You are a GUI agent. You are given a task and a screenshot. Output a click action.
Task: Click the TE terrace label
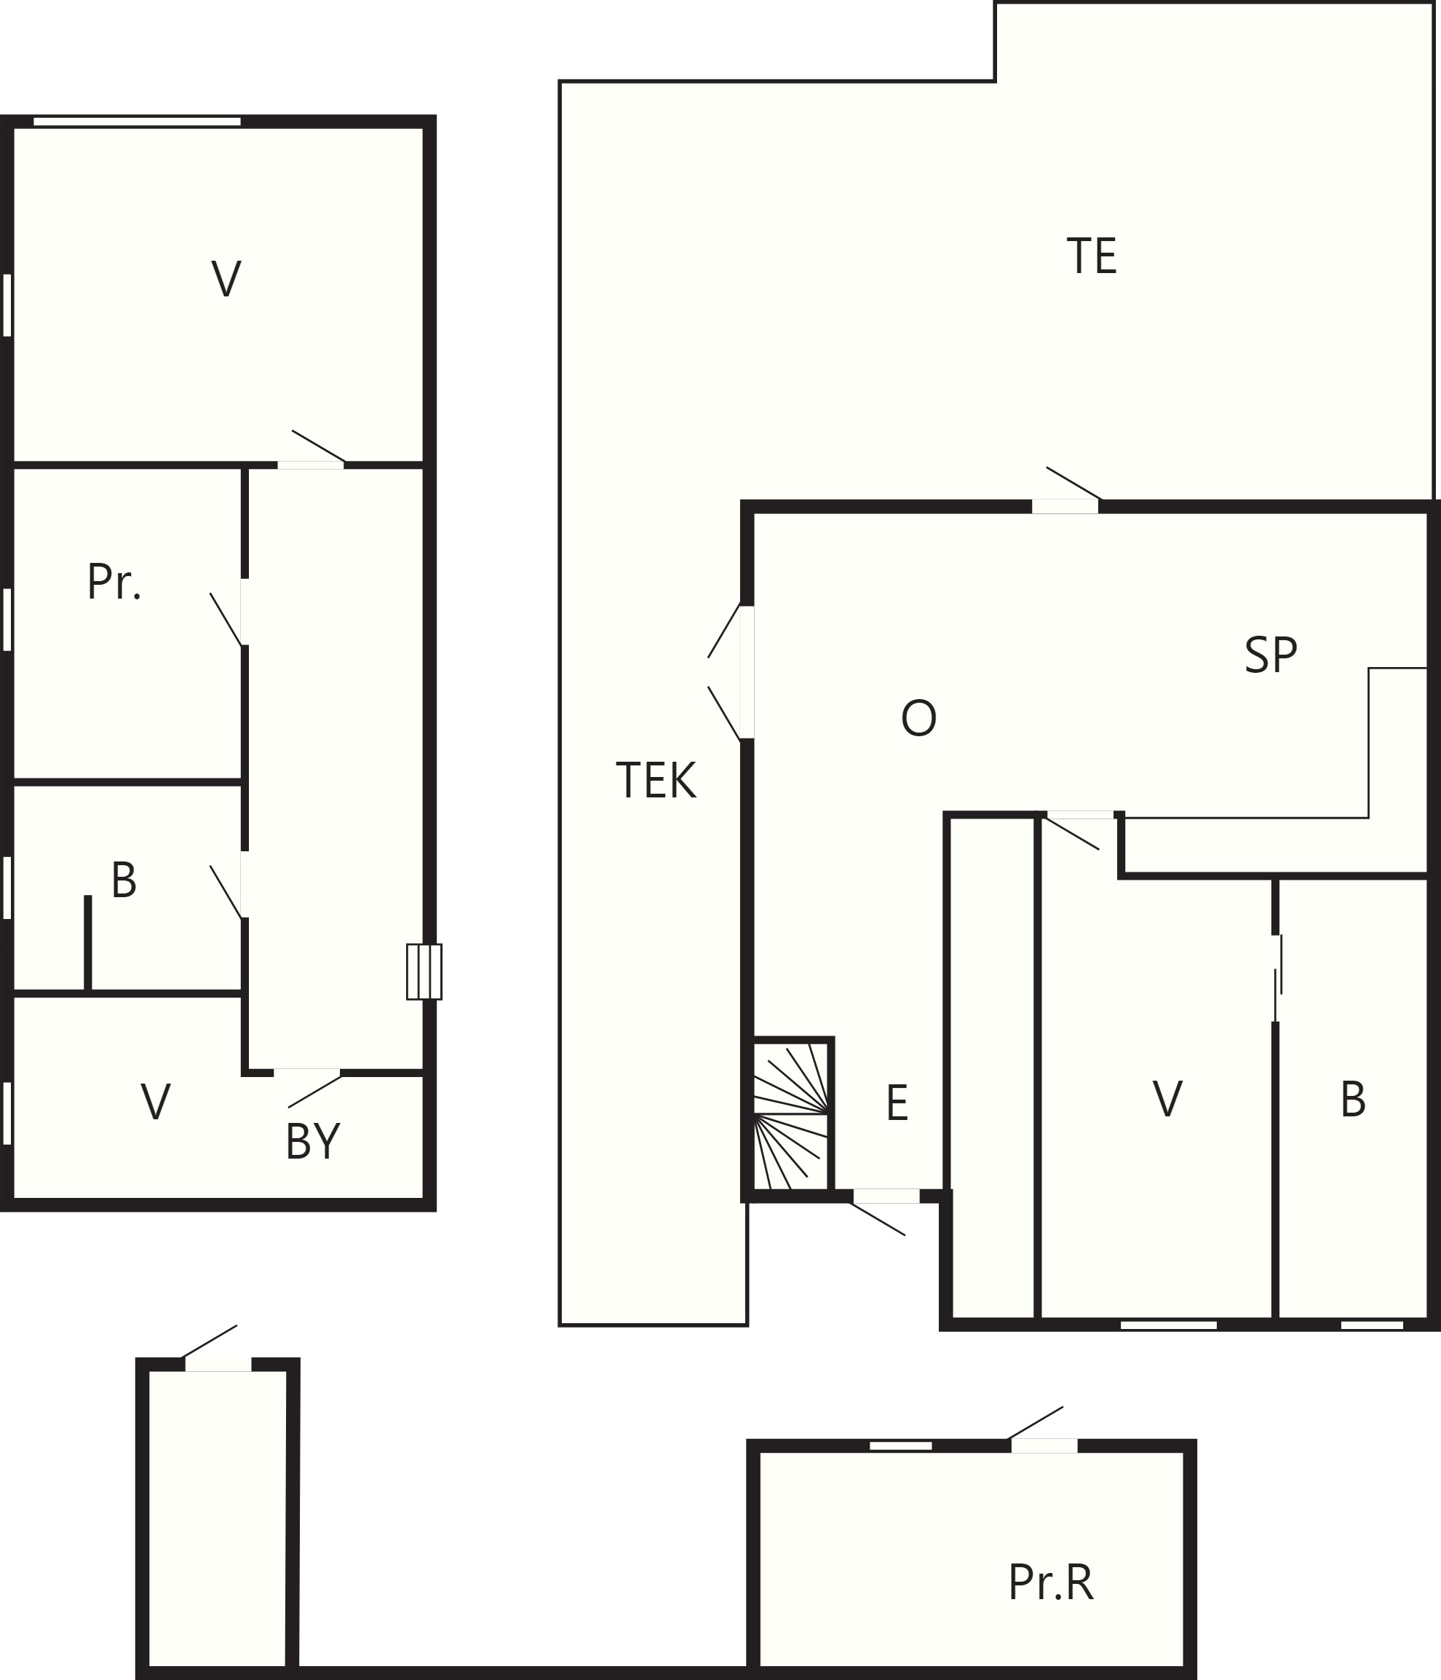click(x=1091, y=256)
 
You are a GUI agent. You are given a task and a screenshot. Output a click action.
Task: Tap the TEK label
click(x=656, y=781)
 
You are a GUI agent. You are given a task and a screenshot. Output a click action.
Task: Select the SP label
click(x=1270, y=655)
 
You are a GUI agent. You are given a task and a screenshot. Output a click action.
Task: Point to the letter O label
click(x=918, y=718)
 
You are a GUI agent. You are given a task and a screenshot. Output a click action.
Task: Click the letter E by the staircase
click(x=897, y=1103)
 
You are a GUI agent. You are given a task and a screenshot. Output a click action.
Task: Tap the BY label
click(x=313, y=1142)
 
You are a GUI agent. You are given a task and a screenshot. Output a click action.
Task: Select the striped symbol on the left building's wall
click(x=424, y=971)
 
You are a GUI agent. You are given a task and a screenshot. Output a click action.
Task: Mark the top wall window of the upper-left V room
click(x=137, y=122)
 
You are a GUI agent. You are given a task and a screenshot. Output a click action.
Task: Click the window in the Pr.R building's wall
click(x=900, y=1446)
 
